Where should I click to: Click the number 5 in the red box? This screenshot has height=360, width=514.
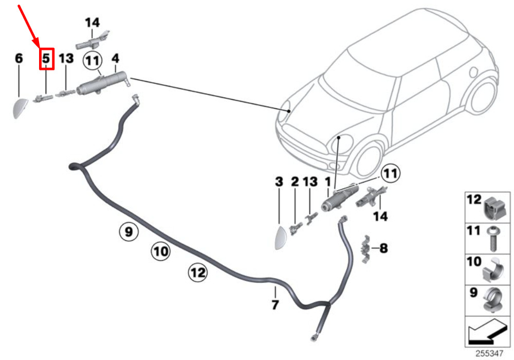(x=46, y=58)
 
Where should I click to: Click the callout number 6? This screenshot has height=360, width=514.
(x=19, y=58)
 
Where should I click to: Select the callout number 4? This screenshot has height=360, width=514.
(x=115, y=58)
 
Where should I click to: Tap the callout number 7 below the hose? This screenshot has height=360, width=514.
(x=276, y=304)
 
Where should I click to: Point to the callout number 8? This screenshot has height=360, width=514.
(x=383, y=248)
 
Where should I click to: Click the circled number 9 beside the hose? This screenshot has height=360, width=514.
(x=128, y=232)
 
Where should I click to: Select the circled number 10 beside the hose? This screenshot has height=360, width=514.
(x=160, y=251)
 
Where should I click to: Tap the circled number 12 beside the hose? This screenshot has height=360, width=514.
(x=198, y=272)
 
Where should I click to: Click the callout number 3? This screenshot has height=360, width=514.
(x=279, y=182)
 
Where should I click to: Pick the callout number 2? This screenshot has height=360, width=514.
(x=295, y=182)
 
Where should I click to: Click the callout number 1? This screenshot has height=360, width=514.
(x=327, y=182)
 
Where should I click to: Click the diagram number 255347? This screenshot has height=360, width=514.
(x=489, y=353)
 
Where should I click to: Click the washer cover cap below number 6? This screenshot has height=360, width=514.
(x=20, y=108)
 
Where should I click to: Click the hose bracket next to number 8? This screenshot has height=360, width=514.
(x=365, y=249)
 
